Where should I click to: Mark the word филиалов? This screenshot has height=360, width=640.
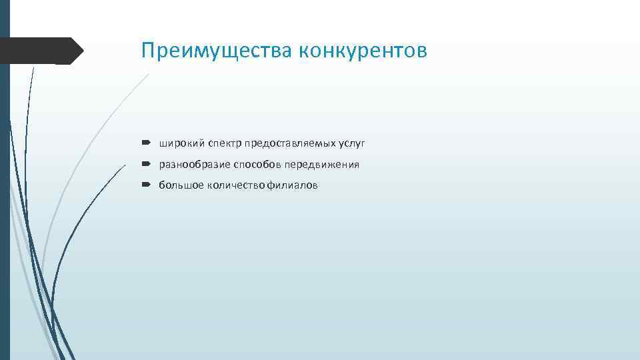pos(293,185)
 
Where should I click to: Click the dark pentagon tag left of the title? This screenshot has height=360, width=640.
pos(40,51)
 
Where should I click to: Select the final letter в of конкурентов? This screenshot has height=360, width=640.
pos(421,52)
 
